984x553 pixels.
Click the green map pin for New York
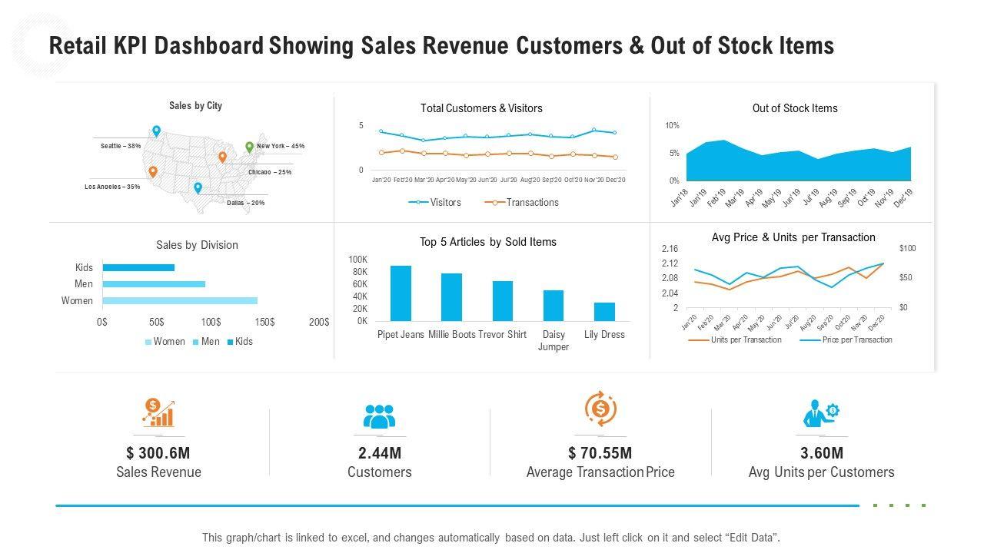249,147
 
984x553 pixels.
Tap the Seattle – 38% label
121,146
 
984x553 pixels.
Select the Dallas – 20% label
246,203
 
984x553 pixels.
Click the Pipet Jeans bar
401,293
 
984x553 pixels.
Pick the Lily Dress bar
604,312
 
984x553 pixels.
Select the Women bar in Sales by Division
180,301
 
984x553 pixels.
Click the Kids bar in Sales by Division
138,268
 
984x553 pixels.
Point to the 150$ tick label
264,322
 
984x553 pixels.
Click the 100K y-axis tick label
358,260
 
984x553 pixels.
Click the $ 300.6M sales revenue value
158,453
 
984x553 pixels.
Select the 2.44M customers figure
379,453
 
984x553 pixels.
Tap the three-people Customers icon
379,416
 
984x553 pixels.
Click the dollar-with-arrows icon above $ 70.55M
600,409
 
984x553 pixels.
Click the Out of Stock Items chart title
795,108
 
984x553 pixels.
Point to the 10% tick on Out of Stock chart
672,126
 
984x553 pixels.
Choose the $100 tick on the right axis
907,249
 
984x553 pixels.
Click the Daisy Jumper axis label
553,341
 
